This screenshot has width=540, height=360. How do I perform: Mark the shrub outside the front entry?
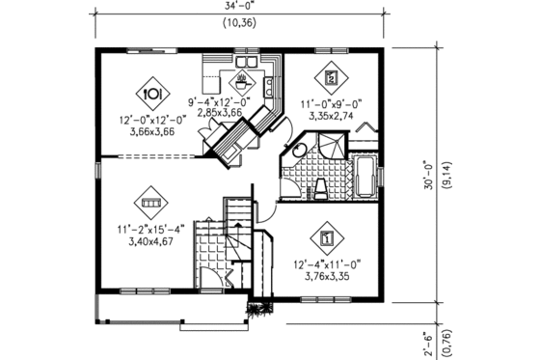(x=256, y=309)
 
